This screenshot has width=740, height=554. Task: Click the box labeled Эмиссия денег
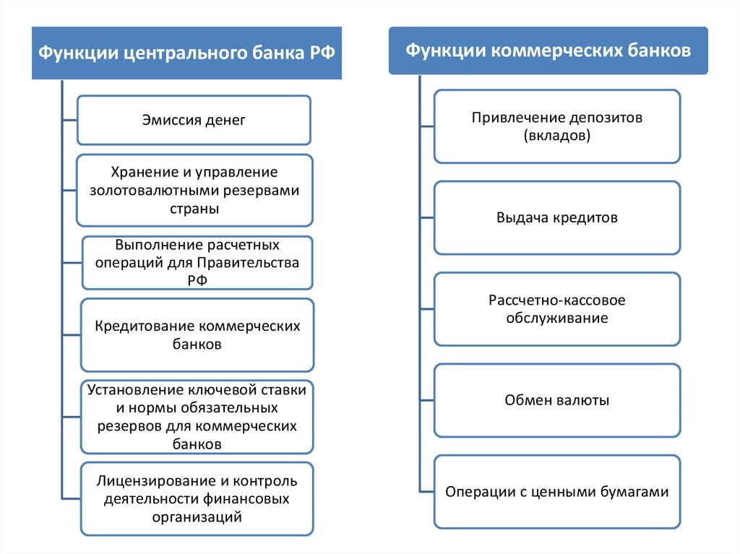coord(194,120)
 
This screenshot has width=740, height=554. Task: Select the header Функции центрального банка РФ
coord(187,53)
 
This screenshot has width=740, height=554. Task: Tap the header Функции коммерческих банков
coord(548,51)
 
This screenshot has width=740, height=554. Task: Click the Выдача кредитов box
coord(557,217)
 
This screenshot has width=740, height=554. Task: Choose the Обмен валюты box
coord(557,400)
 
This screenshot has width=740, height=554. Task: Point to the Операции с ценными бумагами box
coord(557,492)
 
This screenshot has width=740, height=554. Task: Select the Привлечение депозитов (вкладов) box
coord(557,126)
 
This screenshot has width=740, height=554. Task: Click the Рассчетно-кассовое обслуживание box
coord(557,309)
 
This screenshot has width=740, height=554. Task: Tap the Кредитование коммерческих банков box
coord(197,335)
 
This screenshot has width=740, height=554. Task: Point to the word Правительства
coord(249,263)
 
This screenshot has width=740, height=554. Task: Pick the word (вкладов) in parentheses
coord(557,136)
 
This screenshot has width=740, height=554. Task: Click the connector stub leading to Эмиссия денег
coord(70,121)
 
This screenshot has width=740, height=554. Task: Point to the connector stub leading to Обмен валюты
coord(427,400)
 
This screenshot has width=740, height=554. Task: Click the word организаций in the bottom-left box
coord(197,517)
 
